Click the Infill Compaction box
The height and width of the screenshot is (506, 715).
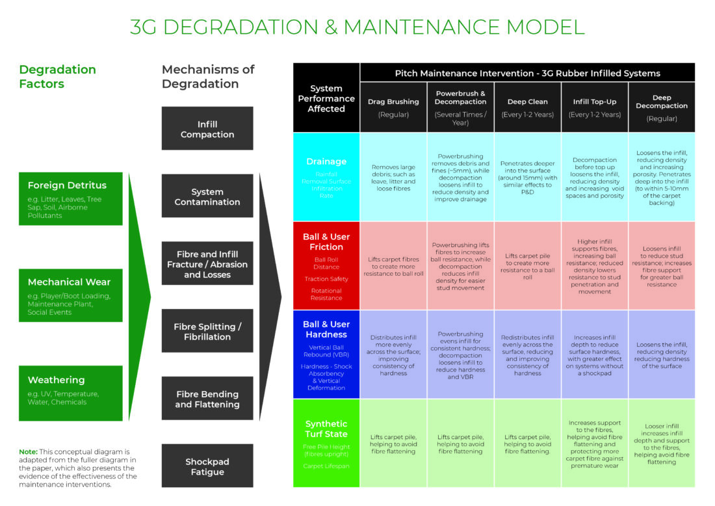tap(207, 129)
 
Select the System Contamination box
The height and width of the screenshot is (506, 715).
tap(207, 196)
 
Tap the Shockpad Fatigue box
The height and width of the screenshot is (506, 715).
tap(207, 466)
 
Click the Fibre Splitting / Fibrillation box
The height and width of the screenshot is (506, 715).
tap(207, 331)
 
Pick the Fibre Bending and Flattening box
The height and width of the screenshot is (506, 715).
tap(207, 399)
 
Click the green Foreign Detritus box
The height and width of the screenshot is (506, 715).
tap(71, 198)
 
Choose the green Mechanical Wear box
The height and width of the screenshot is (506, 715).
tap(71, 295)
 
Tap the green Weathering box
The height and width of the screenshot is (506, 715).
tap(71, 392)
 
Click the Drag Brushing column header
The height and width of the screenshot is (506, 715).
tap(393, 107)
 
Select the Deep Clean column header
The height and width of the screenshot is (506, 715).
tap(527, 107)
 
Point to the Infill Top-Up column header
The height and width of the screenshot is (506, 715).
tap(595, 107)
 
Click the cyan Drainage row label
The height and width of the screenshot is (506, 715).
tap(326, 177)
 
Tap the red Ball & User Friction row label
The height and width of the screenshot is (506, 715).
tap(326, 265)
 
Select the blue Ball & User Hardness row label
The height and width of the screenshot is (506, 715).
tap(326, 354)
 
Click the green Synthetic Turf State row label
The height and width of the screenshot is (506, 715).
tap(326, 443)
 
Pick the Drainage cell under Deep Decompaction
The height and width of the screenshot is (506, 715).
tap(662, 177)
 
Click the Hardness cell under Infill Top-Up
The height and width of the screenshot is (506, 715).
tap(595, 354)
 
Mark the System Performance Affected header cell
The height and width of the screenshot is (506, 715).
tap(326, 98)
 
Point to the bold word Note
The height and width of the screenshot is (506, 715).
tap(28, 451)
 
